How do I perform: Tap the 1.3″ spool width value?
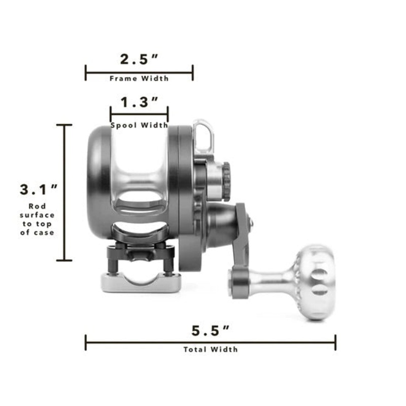point(139,103)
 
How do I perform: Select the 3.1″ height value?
point(39,190)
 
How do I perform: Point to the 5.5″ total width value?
point(210,331)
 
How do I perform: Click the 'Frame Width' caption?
point(139,79)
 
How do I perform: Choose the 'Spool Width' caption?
point(139,125)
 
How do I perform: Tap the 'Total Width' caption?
point(210,349)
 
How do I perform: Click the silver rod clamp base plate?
point(139,283)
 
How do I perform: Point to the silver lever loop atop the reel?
point(204,135)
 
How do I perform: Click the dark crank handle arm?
point(243,239)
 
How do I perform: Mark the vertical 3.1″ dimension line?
point(64,192)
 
